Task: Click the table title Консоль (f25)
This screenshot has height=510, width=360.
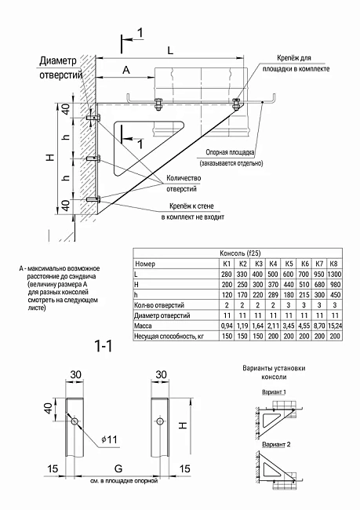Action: coord(240,253)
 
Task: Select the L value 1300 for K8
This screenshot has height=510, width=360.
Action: coord(334,274)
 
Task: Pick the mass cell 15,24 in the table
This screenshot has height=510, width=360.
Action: coord(334,326)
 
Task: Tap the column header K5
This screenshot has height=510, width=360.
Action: coord(289,264)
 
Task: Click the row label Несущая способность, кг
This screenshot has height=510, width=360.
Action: coord(169,336)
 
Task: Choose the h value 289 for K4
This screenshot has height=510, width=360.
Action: coord(273,295)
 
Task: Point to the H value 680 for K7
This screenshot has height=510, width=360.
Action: coord(319,285)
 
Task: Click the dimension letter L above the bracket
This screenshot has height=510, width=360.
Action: coord(170,50)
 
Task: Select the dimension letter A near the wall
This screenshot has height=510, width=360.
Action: coord(126,70)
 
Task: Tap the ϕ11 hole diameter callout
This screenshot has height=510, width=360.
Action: coord(109,439)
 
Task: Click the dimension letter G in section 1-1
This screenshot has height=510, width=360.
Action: coord(118,468)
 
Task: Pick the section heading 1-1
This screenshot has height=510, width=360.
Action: coord(104,346)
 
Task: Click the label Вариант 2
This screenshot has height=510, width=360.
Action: coord(276,444)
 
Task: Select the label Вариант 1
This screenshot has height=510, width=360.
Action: coord(274,392)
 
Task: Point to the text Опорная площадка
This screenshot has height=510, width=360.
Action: coord(230,152)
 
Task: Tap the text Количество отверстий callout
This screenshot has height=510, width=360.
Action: coord(184,183)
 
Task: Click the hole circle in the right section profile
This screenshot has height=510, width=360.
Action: coord(160,421)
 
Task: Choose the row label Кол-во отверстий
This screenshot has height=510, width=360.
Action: coord(159,305)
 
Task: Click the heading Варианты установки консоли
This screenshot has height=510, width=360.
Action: coord(274,373)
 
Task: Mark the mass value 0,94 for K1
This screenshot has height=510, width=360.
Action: coord(227,326)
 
